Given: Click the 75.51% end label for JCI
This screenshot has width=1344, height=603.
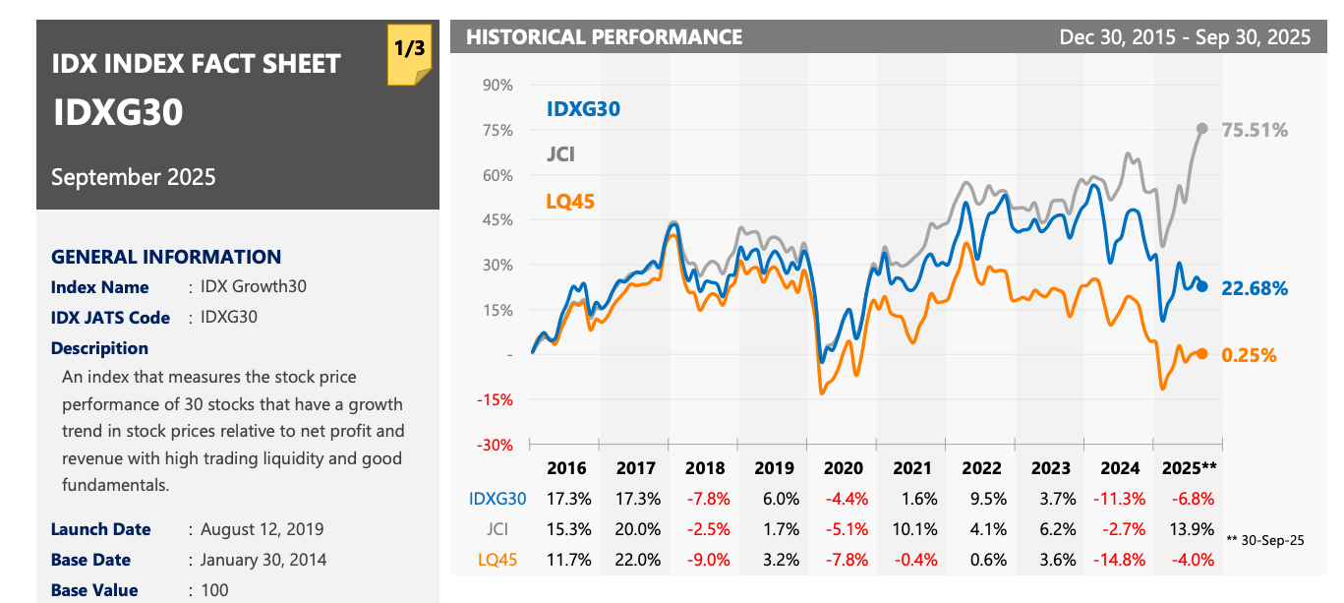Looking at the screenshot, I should point(1255,130).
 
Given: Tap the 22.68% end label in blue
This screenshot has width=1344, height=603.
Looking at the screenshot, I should point(1255,288).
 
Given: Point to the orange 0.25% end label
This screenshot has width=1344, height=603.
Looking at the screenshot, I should point(1249,355).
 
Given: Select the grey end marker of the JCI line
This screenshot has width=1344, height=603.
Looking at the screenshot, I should point(1202,129).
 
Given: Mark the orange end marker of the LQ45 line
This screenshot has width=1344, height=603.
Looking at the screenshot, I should point(1202,354).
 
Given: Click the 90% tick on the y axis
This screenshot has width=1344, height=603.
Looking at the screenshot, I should point(498,86).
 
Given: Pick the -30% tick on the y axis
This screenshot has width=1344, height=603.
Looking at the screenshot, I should point(496,445).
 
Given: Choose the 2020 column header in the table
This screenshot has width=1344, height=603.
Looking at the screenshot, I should point(844,468).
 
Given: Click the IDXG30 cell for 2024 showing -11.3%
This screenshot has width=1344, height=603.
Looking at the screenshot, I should point(1120,499).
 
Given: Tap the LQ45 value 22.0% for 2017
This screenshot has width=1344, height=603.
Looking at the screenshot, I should point(636,560).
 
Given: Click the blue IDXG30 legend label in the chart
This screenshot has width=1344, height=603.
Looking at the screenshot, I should point(583,109).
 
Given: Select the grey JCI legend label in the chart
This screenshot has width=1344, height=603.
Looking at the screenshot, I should point(560,154).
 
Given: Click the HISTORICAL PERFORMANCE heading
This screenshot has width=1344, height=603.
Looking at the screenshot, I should point(604,37).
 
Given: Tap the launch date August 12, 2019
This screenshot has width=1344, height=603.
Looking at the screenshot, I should point(262,529).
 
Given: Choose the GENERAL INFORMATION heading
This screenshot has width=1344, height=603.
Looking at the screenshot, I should point(166,257).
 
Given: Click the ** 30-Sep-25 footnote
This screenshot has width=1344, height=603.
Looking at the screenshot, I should point(1265,539).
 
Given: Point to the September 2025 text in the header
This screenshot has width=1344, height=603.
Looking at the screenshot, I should point(134,177).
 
